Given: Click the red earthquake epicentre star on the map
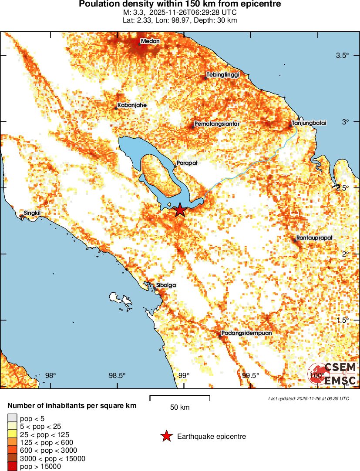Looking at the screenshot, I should (x=180, y=210).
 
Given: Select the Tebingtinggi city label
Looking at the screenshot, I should (x=222, y=75).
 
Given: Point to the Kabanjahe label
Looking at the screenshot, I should (x=132, y=105).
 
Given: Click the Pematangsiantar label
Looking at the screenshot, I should (x=217, y=124).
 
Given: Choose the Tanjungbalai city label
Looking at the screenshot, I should (x=309, y=123).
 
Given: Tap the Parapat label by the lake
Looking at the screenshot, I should (x=187, y=163).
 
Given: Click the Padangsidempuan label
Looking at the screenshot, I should (x=246, y=333).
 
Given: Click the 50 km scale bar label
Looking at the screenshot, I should (x=180, y=408).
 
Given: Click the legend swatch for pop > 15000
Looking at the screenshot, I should (x=12, y=467).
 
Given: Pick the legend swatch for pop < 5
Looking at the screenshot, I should (x=12, y=418).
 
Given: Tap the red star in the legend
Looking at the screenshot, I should (x=166, y=437).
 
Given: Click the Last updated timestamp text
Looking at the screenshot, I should (x=308, y=398).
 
